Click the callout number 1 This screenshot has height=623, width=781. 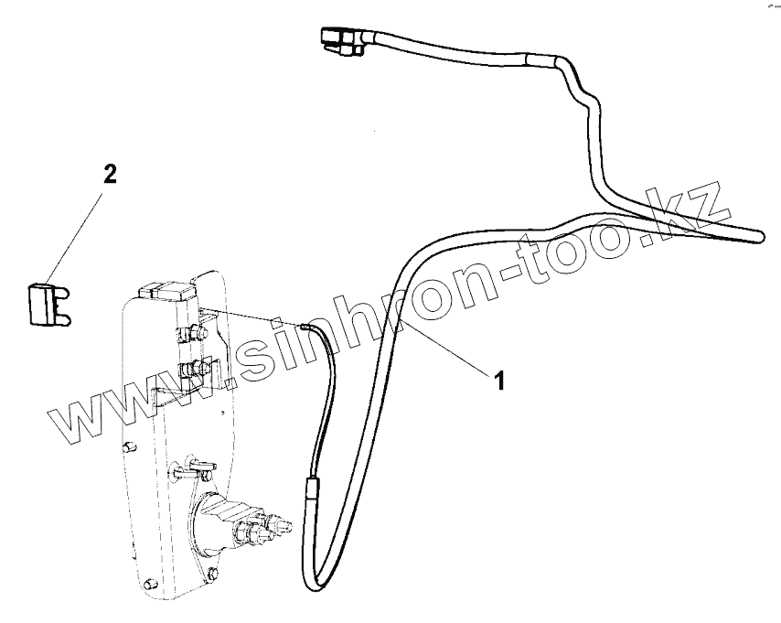tap(499, 380)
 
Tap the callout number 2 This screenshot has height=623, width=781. tap(109, 175)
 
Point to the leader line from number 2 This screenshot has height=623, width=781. tap(77, 233)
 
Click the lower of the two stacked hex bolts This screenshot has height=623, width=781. tap(192, 371)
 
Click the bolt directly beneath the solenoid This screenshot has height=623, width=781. tap(211, 574)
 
